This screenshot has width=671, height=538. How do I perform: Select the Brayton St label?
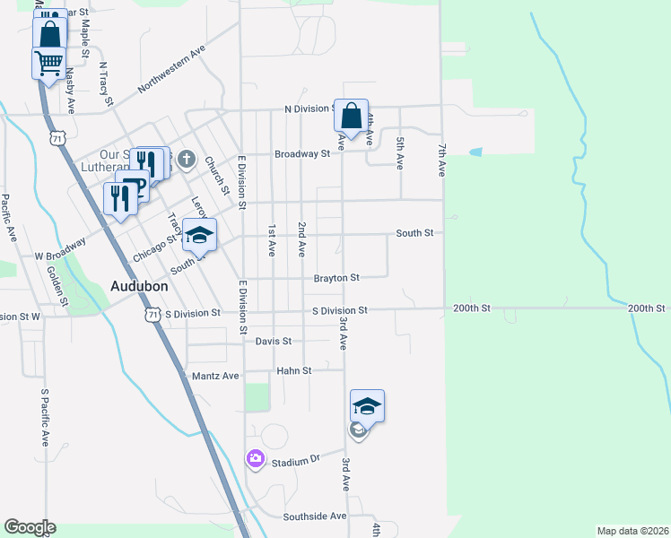click(x=336, y=278)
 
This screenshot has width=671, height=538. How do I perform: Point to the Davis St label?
click(x=274, y=342)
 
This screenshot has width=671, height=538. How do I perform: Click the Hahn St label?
click(x=294, y=370)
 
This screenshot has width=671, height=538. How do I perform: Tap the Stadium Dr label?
click(x=296, y=461)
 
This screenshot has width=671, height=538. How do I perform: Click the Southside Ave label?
click(x=315, y=516)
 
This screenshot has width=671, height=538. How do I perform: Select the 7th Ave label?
click(x=442, y=157)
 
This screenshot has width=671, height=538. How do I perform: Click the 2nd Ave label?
click(x=302, y=237)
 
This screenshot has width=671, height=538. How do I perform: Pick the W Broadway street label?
click(x=61, y=248)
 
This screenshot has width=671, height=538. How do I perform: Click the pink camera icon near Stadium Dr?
click(x=256, y=459)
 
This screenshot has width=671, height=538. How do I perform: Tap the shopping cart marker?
click(x=48, y=63)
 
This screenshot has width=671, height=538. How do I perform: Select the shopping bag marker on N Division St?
click(x=352, y=116)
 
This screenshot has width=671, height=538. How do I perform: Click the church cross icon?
click(x=186, y=161)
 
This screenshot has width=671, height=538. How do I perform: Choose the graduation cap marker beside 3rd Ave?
click(x=367, y=407)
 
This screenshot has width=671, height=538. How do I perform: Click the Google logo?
click(x=30, y=527)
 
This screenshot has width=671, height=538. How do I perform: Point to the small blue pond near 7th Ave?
click(x=475, y=152)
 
